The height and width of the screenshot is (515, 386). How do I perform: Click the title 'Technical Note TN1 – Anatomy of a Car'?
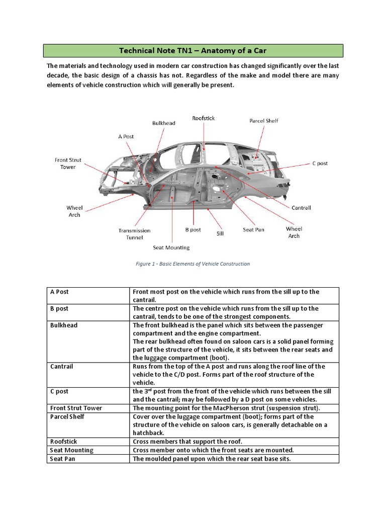(192, 51)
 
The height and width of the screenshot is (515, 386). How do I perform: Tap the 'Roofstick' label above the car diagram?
(203, 118)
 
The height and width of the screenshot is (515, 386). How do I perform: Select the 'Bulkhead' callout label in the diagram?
(164, 123)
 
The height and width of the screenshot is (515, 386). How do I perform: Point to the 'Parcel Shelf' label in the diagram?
(264, 121)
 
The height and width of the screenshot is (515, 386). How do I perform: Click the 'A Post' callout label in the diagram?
(126, 136)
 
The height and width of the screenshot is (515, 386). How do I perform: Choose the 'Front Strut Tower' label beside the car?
(68, 163)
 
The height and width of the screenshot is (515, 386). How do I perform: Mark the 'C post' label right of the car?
(320, 163)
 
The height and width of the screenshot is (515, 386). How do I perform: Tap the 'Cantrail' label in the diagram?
(301, 208)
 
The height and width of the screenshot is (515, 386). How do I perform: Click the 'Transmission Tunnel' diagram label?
(134, 234)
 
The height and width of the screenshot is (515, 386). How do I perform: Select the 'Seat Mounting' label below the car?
(171, 247)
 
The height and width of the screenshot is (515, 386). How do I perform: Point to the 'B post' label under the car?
(192, 230)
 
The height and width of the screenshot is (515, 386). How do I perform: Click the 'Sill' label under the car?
(220, 234)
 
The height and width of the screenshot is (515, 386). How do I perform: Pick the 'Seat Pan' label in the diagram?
(253, 230)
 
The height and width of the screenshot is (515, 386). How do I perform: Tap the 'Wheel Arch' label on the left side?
(74, 211)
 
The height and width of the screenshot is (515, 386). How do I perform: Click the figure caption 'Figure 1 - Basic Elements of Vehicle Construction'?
(192, 264)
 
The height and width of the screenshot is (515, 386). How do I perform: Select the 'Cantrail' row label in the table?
(62, 367)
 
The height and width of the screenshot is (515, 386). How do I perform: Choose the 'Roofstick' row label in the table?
(64, 442)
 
